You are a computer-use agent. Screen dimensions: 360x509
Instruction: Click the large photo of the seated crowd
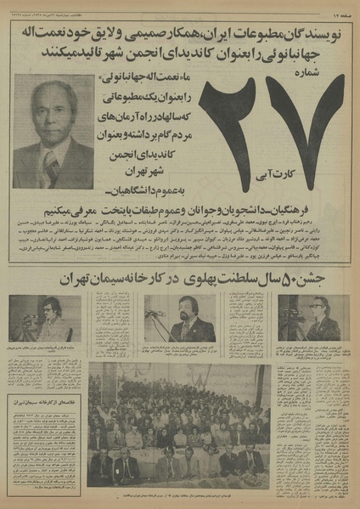pyautogui.click(x=179, y=425)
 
